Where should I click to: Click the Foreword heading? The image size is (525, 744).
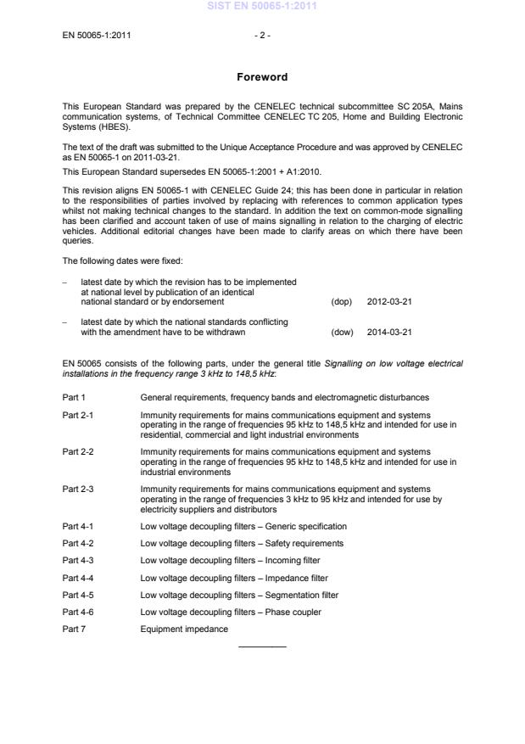262,77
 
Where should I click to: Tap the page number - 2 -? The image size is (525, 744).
262,36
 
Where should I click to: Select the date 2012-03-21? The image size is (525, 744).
389,300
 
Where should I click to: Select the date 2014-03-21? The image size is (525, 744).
389,332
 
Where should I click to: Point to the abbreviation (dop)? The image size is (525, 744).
341,300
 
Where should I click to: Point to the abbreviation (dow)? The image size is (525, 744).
341,332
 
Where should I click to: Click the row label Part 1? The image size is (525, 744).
75,397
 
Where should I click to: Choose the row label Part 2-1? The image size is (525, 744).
78,415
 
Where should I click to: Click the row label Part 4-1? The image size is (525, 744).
78,526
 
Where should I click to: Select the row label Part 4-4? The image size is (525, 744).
78,578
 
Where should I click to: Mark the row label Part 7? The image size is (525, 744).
75,629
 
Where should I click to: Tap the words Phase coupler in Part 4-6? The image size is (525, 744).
293,612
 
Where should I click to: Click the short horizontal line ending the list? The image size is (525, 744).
262,646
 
